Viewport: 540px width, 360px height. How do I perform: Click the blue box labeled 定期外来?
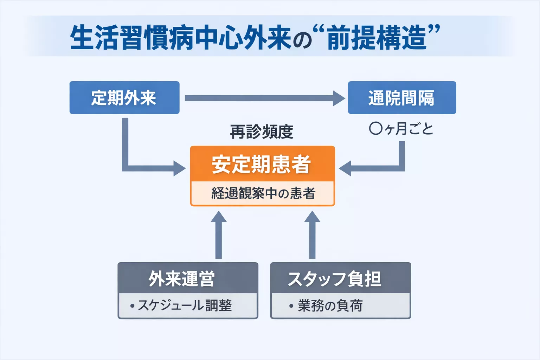point(124,98)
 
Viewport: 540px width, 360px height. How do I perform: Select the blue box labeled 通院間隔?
point(401,98)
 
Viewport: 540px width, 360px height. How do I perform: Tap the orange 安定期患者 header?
point(262,164)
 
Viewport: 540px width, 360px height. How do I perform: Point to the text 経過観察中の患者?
point(263,193)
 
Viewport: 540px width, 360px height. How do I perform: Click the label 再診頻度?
point(262,132)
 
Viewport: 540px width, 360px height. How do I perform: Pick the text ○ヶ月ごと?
point(401,129)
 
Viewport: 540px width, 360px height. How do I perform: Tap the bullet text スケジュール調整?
point(185,306)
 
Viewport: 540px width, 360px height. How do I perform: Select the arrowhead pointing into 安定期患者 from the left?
point(180,168)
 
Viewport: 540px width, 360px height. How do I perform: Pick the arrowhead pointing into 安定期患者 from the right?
point(345,168)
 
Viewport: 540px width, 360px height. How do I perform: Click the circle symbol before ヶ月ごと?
point(375,129)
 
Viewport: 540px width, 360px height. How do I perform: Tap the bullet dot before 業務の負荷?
point(291,306)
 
